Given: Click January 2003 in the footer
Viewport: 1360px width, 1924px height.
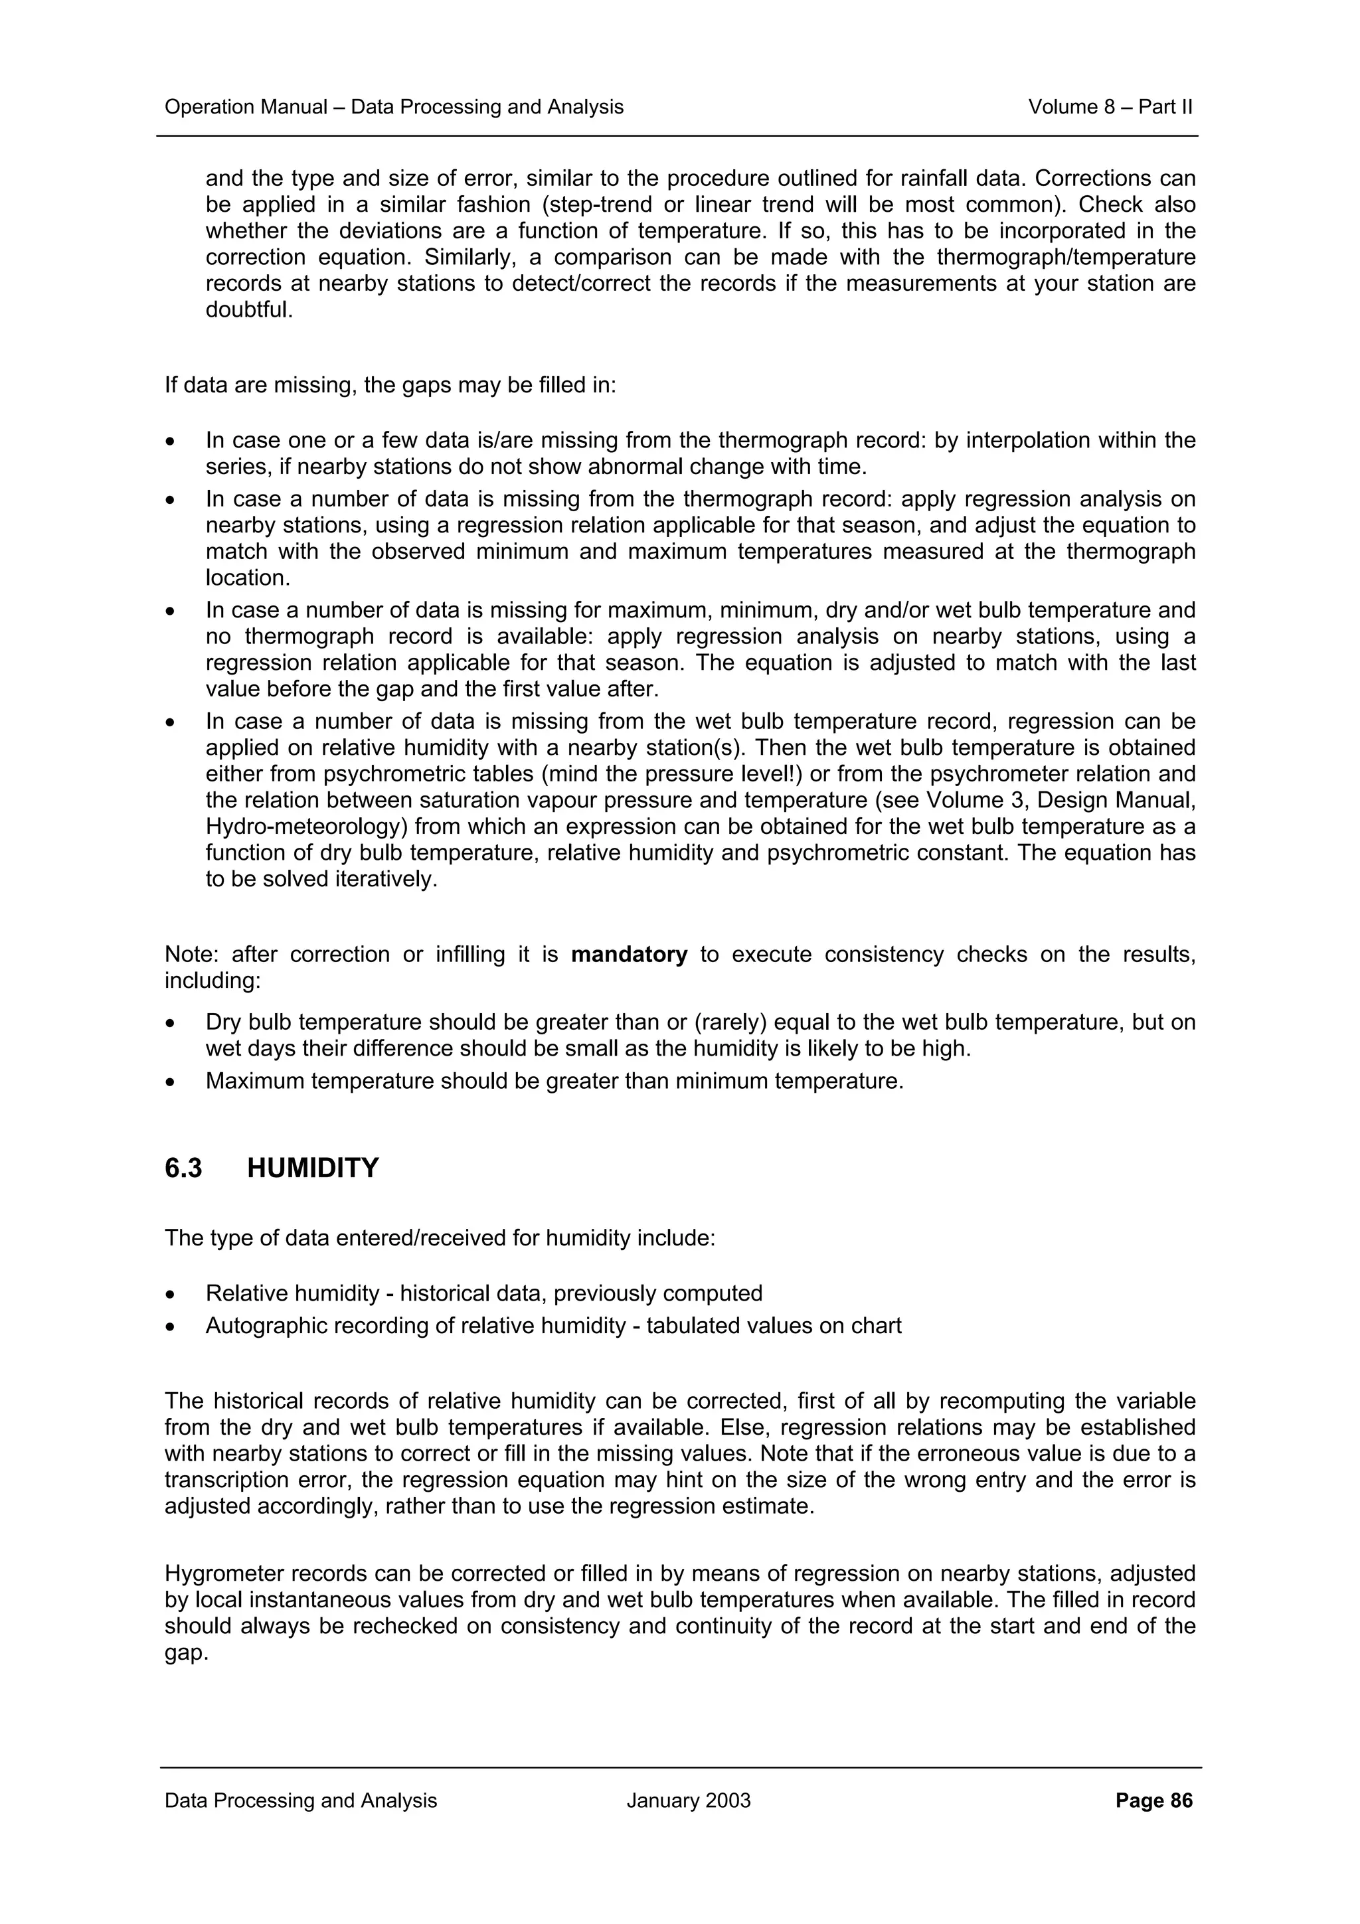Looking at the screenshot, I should click(688, 1801).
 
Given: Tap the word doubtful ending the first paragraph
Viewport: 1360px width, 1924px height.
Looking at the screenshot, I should click(249, 310).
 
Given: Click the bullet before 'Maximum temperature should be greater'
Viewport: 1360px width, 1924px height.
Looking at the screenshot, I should click(171, 1082).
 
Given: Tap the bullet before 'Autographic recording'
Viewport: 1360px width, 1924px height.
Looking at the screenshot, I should click(171, 1326).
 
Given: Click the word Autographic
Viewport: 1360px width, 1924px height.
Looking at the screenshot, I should click(262, 1326).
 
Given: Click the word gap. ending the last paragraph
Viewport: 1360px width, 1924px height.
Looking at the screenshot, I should click(185, 1652).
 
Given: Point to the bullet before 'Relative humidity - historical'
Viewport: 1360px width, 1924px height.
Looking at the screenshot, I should click(171, 1294).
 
